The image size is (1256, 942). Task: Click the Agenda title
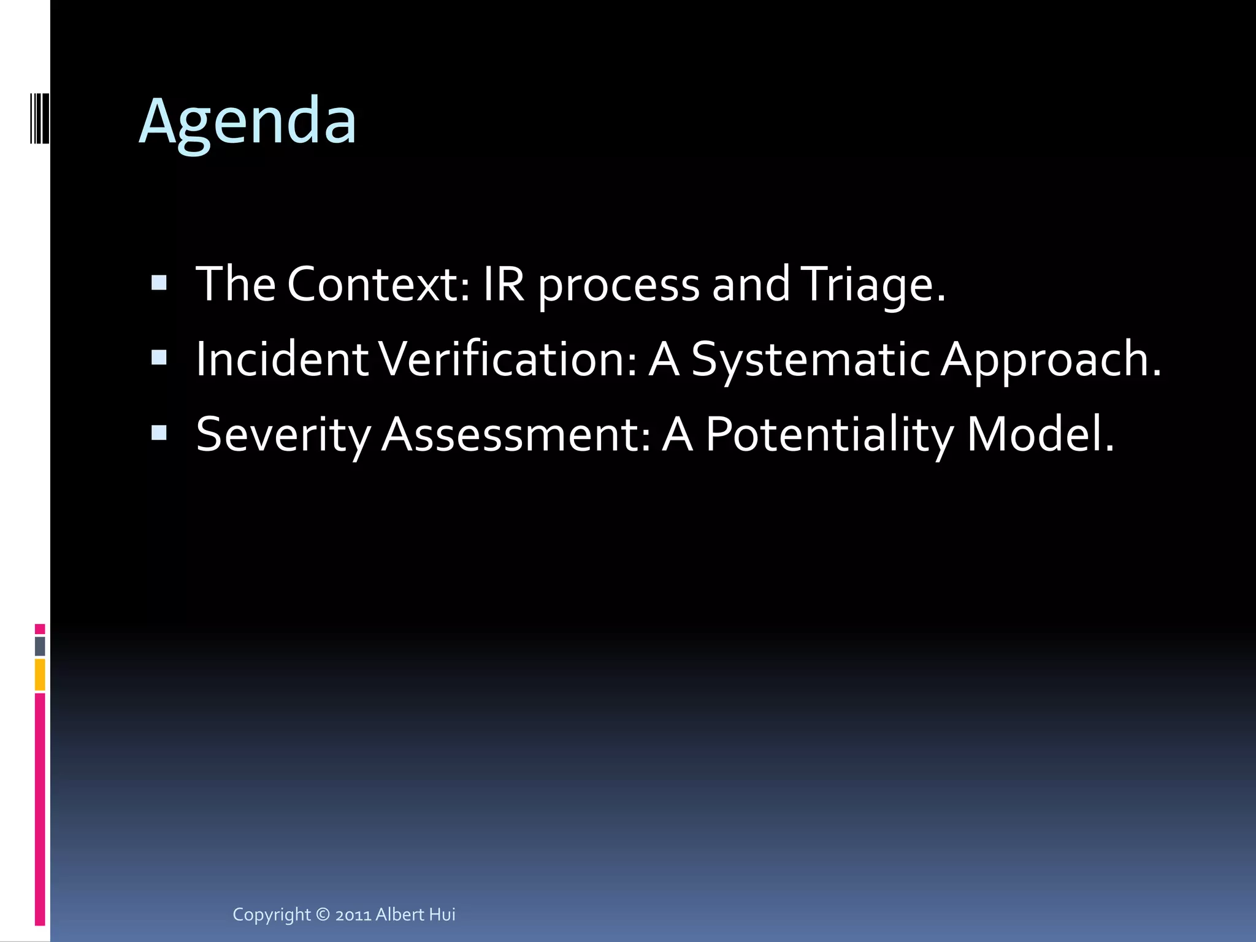point(247,121)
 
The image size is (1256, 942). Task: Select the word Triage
point(873,285)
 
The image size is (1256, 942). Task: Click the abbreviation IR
point(504,285)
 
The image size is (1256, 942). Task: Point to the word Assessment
point(515,435)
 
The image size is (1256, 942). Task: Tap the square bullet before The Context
point(159,283)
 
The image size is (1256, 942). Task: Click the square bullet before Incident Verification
point(159,358)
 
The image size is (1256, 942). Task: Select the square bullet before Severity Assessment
point(159,433)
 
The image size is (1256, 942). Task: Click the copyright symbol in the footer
point(323,914)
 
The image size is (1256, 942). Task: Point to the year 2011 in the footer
point(353,915)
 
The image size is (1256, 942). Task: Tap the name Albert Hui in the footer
point(415,914)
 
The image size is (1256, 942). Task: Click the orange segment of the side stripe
point(40,675)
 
